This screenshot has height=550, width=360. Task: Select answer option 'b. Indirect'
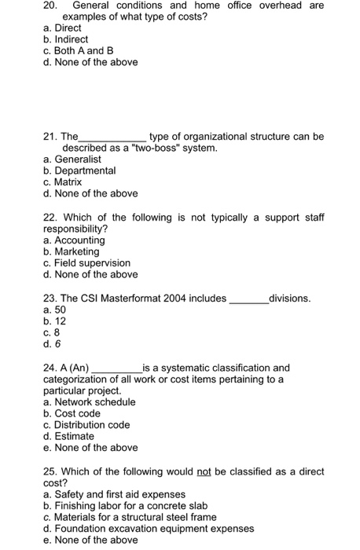coord(66,38)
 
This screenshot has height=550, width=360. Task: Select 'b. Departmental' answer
coord(80,170)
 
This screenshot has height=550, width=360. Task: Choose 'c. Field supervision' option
coord(87,263)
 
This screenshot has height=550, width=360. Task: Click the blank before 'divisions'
coord(248,300)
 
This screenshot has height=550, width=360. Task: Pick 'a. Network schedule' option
coord(90,402)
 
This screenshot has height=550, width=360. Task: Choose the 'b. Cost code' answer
coord(72,413)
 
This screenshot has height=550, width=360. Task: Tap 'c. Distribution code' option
coord(86,425)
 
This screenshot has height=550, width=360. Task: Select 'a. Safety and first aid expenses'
coord(115,494)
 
